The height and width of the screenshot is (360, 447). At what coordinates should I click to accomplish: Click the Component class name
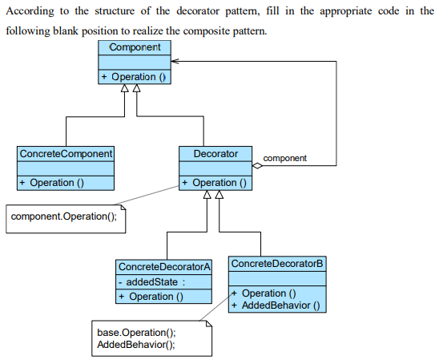(x=135, y=47)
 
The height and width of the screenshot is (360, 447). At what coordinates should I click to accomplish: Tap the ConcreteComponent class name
(x=66, y=153)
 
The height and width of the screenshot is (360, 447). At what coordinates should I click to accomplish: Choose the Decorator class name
(x=215, y=153)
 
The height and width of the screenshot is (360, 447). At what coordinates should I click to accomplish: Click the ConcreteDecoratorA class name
(x=164, y=267)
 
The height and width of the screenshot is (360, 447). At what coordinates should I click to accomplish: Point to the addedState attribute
(x=151, y=281)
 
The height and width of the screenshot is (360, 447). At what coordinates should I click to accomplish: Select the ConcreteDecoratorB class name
(x=277, y=264)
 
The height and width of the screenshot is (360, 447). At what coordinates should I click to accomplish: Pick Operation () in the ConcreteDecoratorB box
(x=268, y=293)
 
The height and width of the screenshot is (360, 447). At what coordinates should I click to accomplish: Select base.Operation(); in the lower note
(x=135, y=333)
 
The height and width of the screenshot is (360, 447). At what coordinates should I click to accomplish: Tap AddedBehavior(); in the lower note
(x=135, y=345)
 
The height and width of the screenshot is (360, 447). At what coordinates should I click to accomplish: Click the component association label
(x=284, y=159)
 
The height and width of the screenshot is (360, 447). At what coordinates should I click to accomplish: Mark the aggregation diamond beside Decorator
(x=256, y=166)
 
